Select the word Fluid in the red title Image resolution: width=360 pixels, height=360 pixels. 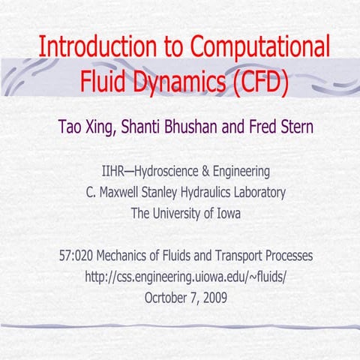click(105, 79)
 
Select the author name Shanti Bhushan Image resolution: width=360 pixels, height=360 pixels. click(169, 125)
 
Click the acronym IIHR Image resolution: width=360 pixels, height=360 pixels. click(112, 171)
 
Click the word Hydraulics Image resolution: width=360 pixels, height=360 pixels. click(207, 192)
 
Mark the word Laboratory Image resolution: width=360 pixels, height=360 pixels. click(259, 192)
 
